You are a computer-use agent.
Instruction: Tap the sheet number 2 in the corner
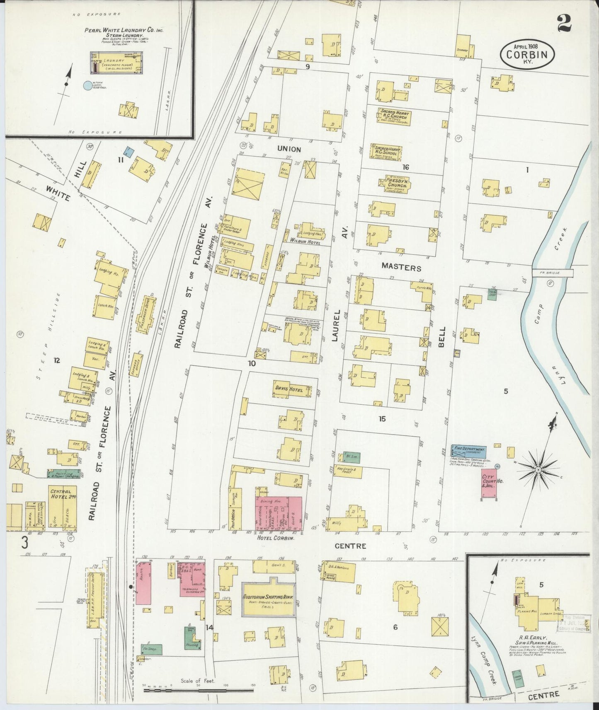(x=564, y=23)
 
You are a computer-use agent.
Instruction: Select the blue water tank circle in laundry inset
(x=87, y=86)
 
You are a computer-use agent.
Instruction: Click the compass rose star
(x=538, y=470)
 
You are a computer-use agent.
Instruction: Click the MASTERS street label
(x=401, y=268)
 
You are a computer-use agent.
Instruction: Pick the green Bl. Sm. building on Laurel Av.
(x=351, y=457)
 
